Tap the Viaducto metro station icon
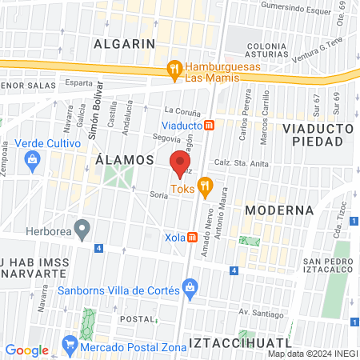pos(209,125)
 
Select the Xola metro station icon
pos(192,238)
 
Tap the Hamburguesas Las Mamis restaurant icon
pos(174,70)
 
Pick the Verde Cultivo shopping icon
pos(32,158)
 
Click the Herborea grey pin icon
pos(82,230)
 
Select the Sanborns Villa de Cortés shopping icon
pos(190,286)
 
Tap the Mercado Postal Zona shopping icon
pos(70,346)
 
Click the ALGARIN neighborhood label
pos(124,43)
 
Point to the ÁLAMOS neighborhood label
pos(124,160)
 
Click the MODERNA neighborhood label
pos(279,210)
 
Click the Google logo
pos(26,350)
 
